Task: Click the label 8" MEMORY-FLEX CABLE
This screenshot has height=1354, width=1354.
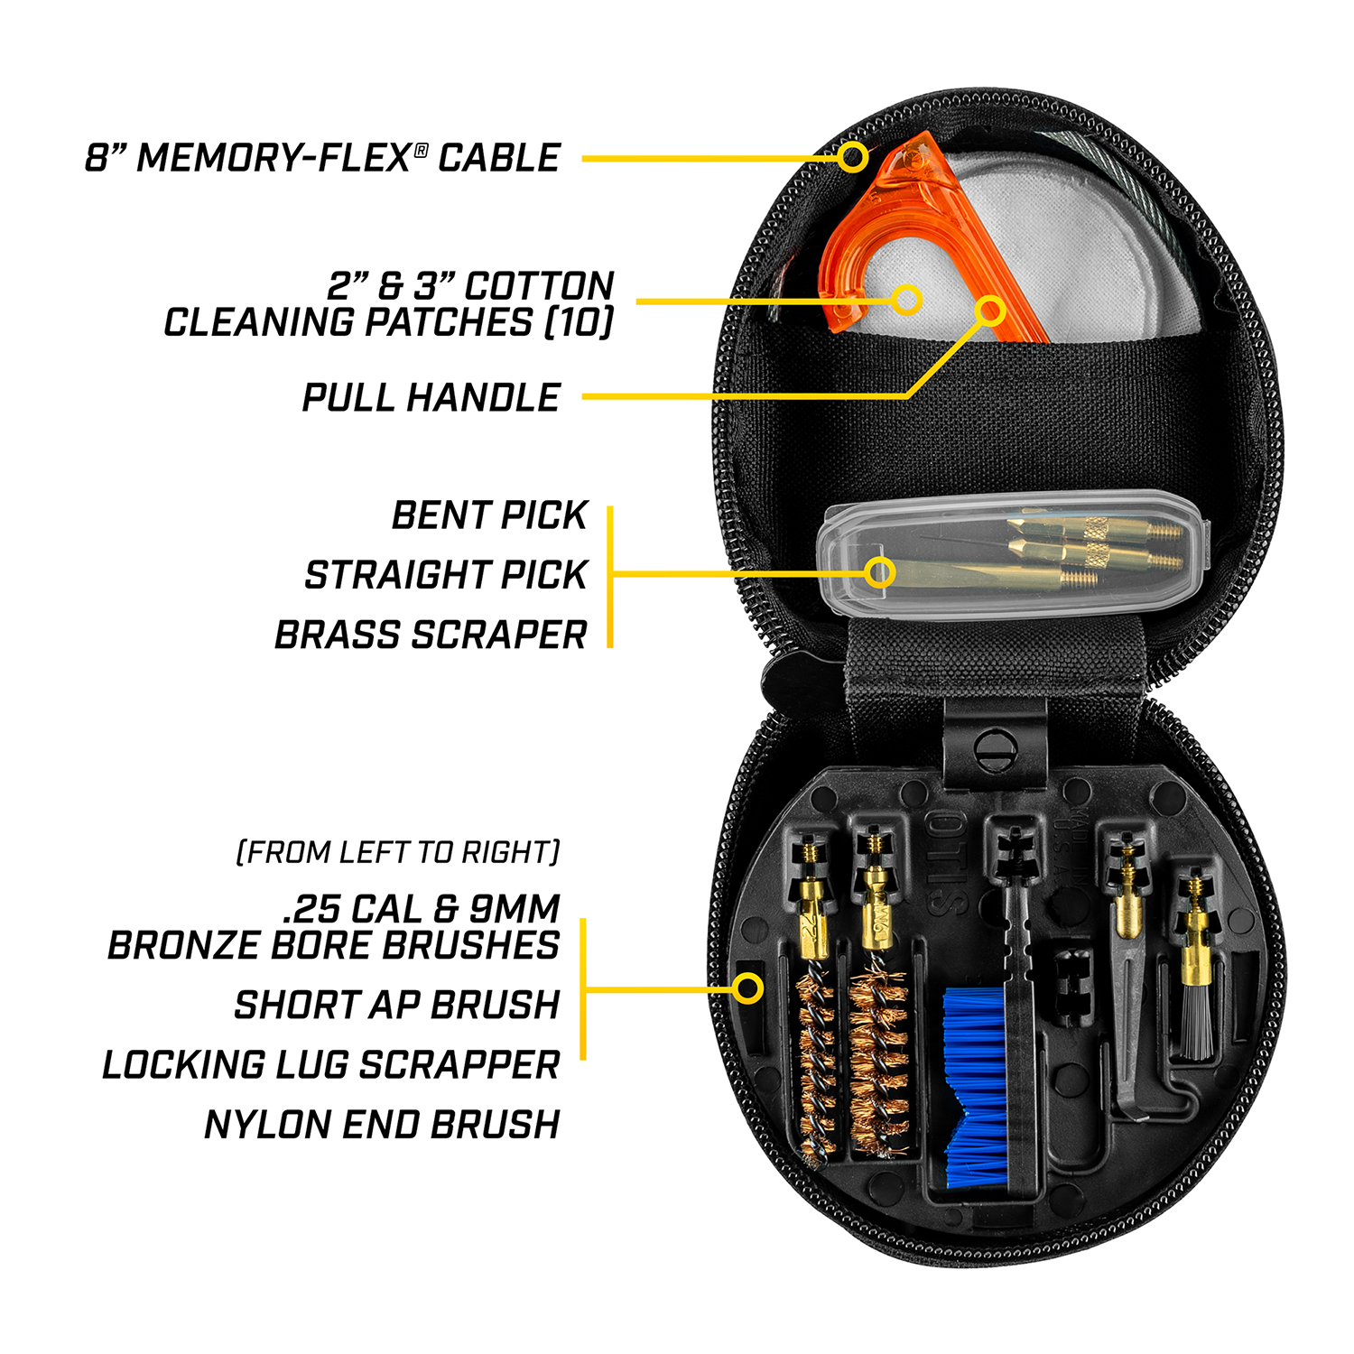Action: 322,158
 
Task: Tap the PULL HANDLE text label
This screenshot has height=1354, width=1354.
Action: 431,398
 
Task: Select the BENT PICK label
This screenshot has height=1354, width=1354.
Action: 489,515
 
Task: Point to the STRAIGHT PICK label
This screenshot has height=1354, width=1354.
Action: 446,575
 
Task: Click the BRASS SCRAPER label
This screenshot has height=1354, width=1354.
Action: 431,635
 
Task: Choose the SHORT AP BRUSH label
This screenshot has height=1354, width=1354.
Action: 397,1005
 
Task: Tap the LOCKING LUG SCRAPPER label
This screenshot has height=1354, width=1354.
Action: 331,1065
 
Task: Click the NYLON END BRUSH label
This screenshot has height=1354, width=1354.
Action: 382,1125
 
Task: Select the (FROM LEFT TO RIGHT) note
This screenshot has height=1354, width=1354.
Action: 398,852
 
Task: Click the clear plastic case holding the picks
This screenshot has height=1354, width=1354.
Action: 1011,555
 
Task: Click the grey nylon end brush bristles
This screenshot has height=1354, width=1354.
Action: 1197,1025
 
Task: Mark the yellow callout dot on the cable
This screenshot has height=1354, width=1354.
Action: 851,157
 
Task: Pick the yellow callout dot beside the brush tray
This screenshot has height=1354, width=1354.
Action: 747,988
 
